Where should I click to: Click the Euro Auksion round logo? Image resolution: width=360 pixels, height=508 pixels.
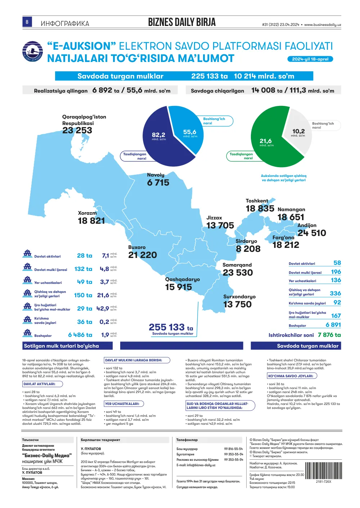[x=33, y=51]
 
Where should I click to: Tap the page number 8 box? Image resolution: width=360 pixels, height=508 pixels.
[x=27, y=22]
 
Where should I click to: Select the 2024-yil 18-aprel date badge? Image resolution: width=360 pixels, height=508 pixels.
[x=310, y=59]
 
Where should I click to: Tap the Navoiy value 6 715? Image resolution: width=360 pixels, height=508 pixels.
[x=158, y=183]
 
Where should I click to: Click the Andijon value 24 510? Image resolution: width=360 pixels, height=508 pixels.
[x=311, y=233]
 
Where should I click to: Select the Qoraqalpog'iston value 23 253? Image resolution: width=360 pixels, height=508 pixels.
[x=77, y=130]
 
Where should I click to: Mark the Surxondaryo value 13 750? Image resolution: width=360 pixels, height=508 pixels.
[x=237, y=304]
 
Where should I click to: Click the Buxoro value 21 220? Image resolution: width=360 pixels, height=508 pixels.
[x=142, y=255]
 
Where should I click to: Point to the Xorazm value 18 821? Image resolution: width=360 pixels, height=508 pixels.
[x=91, y=220]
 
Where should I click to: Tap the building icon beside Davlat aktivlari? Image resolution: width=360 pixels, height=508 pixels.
[x=27, y=254]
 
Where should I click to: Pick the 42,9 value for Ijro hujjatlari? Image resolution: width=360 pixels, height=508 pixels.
[x=103, y=308]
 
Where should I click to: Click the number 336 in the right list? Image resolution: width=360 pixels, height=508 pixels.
[x=335, y=294]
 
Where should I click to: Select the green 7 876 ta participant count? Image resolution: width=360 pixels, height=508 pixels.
[x=329, y=335]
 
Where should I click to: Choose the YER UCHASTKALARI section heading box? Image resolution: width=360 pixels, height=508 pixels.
[x=124, y=404]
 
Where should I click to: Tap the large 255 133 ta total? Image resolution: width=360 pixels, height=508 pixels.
[x=171, y=327]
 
